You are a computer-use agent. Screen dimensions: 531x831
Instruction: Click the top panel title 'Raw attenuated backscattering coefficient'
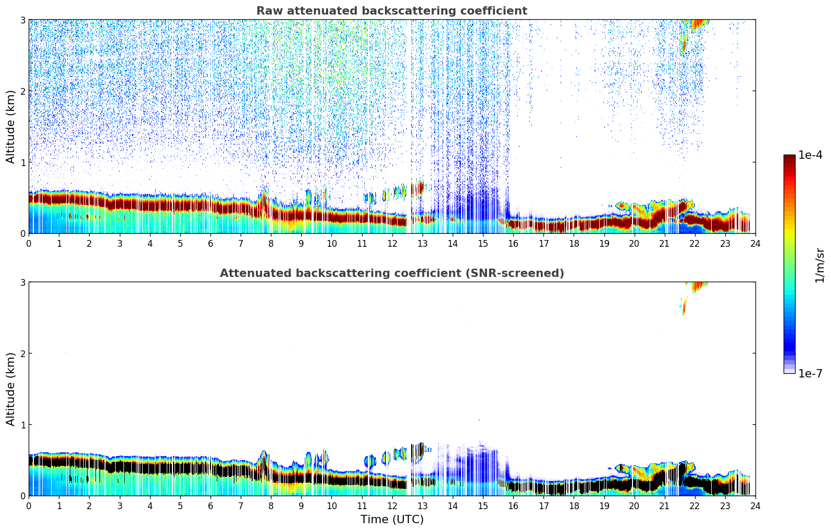click(x=391, y=11)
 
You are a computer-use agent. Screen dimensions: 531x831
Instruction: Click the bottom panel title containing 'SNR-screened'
click(x=391, y=273)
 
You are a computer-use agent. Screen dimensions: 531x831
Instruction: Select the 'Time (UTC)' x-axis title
click(x=392, y=520)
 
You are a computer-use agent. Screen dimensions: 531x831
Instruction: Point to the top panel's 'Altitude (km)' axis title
click(x=11, y=127)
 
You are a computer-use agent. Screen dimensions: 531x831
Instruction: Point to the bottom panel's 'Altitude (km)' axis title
click(x=11, y=389)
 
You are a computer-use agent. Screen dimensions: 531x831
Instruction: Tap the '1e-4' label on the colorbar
click(x=810, y=155)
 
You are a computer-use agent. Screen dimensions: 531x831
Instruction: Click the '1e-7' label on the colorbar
click(x=810, y=373)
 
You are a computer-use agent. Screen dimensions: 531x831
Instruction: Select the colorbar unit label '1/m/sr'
click(x=820, y=265)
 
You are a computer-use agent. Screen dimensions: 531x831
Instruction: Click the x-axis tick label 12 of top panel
click(x=392, y=243)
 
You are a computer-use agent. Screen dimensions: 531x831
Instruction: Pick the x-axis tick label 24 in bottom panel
click(x=755, y=505)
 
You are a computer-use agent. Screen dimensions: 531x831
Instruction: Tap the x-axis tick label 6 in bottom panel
click(x=210, y=505)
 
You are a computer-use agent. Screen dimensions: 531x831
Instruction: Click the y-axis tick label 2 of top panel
click(x=22, y=91)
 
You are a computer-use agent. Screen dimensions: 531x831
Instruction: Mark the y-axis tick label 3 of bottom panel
click(x=22, y=282)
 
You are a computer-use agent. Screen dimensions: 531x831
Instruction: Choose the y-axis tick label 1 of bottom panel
click(x=22, y=425)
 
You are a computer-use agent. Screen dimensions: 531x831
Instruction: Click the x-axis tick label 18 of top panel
click(x=574, y=243)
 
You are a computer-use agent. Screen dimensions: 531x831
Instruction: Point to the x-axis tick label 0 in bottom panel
click(x=29, y=505)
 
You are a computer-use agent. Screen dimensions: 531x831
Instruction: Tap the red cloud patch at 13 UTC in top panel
click(x=418, y=188)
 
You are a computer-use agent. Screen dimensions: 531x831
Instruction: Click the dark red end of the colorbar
click(x=789, y=159)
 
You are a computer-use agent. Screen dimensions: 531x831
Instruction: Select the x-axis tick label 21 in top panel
click(x=664, y=243)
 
